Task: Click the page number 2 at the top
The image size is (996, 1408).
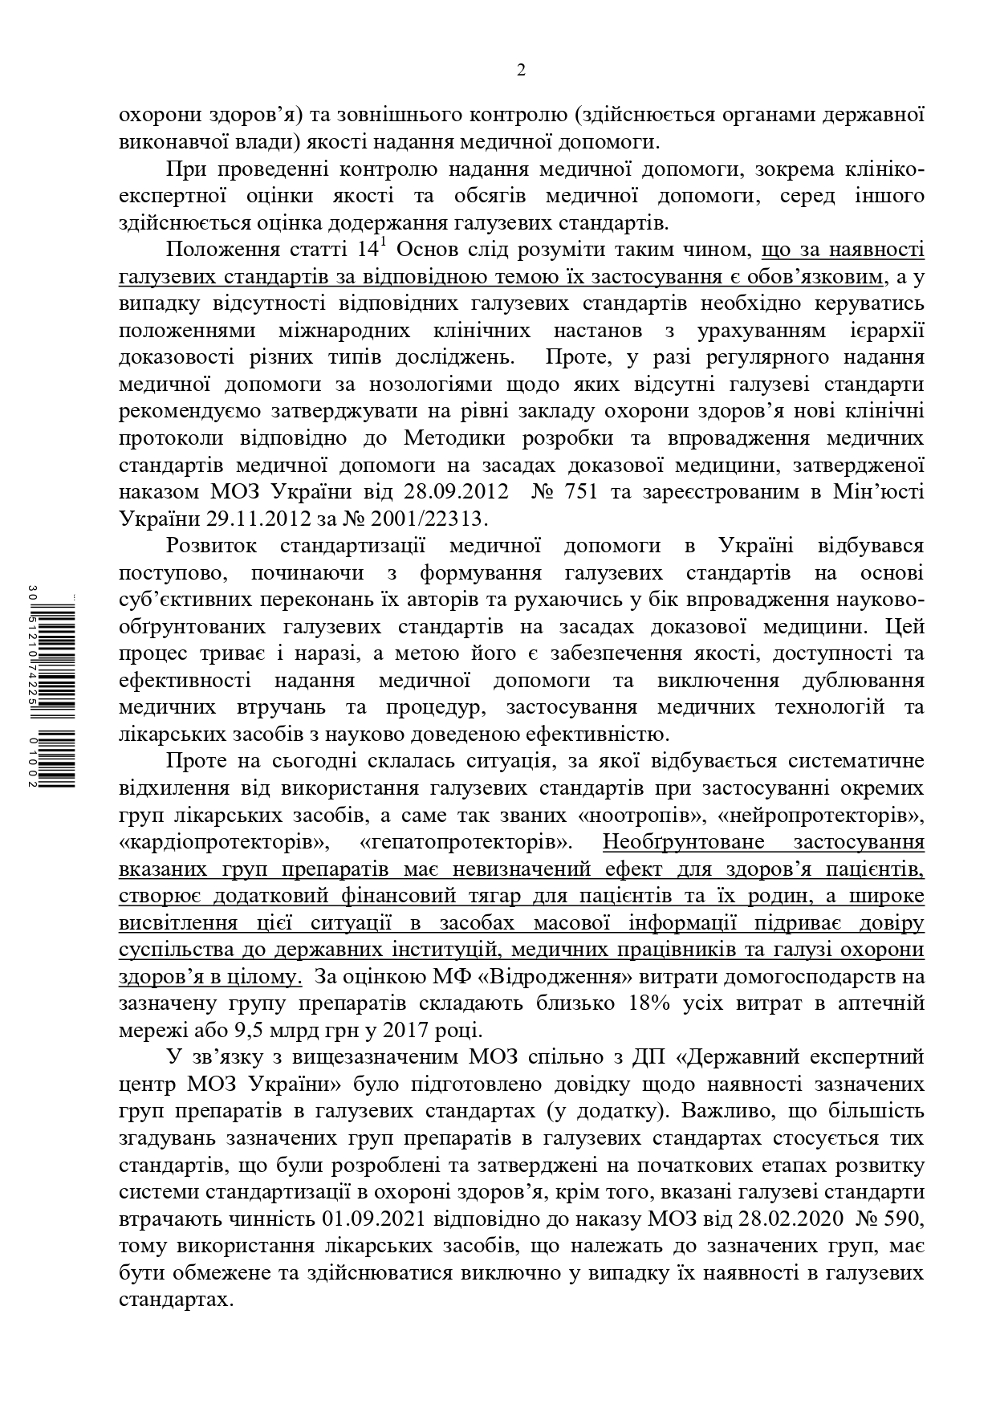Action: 521,71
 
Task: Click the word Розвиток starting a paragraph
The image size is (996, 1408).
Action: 212,546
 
